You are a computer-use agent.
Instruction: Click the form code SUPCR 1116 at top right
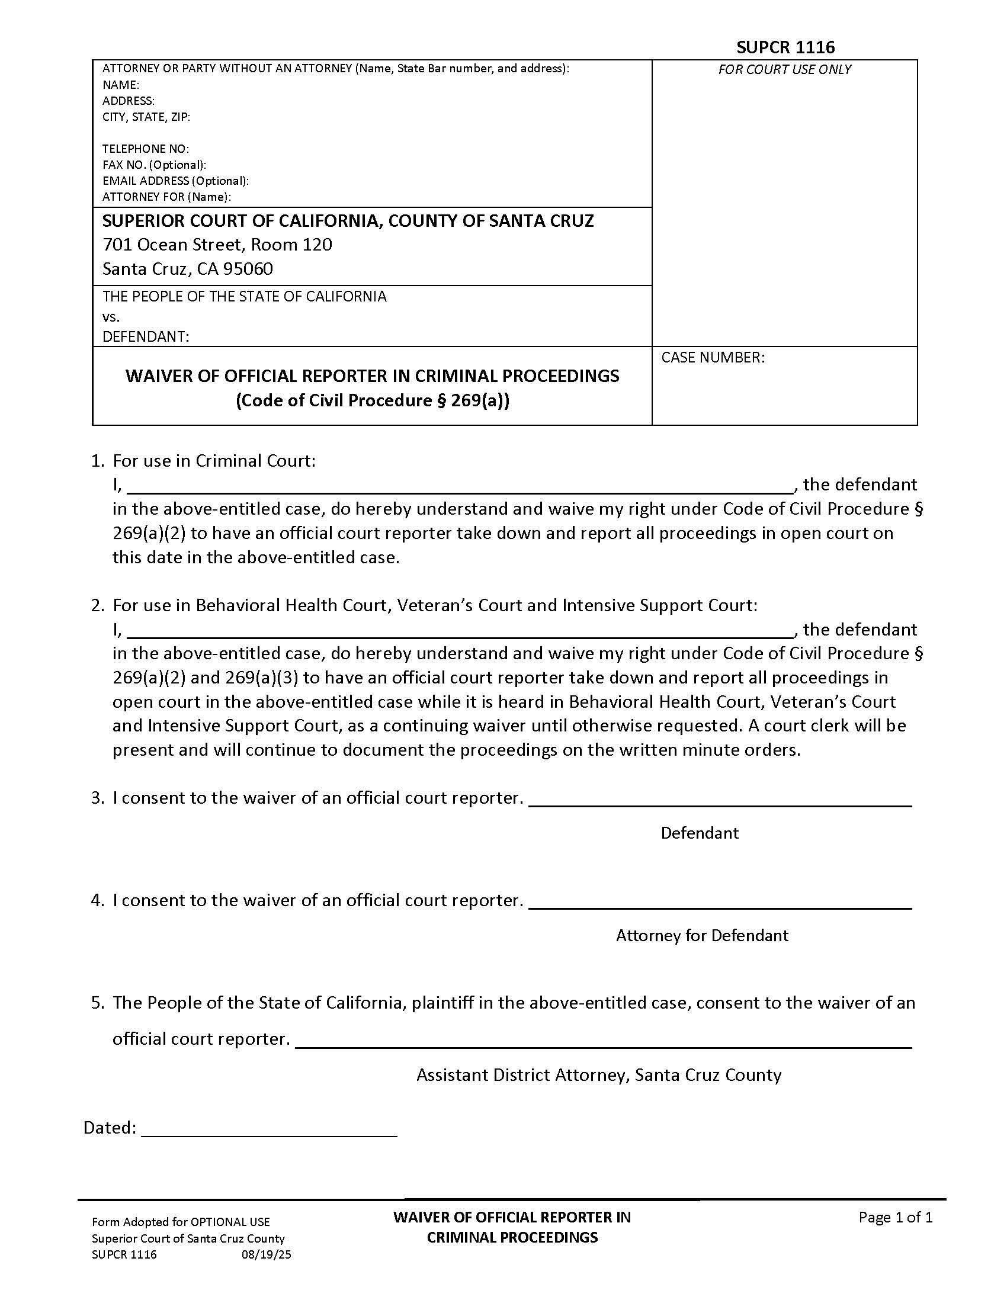pos(785,47)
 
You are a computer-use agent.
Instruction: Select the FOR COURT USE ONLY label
pos(784,69)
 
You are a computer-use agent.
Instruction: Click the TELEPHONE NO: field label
pos(146,149)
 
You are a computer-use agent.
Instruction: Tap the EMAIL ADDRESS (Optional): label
pos(175,181)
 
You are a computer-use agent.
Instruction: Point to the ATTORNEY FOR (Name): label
pos(166,197)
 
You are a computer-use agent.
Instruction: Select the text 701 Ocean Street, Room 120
pos(217,245)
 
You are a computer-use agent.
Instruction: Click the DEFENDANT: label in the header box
pos(146,337)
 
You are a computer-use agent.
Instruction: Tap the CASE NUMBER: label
pos(713,357)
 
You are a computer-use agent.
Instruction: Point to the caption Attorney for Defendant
pos(701,935)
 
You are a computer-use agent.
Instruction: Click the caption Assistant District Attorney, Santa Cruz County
pos(598,1074)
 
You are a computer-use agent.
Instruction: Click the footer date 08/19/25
pos(266,1254)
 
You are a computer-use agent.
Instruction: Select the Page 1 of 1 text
pos(895,1217)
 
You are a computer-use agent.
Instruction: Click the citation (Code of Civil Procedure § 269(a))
pos(372,400)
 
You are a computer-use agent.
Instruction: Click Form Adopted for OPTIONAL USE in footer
pos(181,1222)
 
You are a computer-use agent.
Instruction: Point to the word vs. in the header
pos(111,317)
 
